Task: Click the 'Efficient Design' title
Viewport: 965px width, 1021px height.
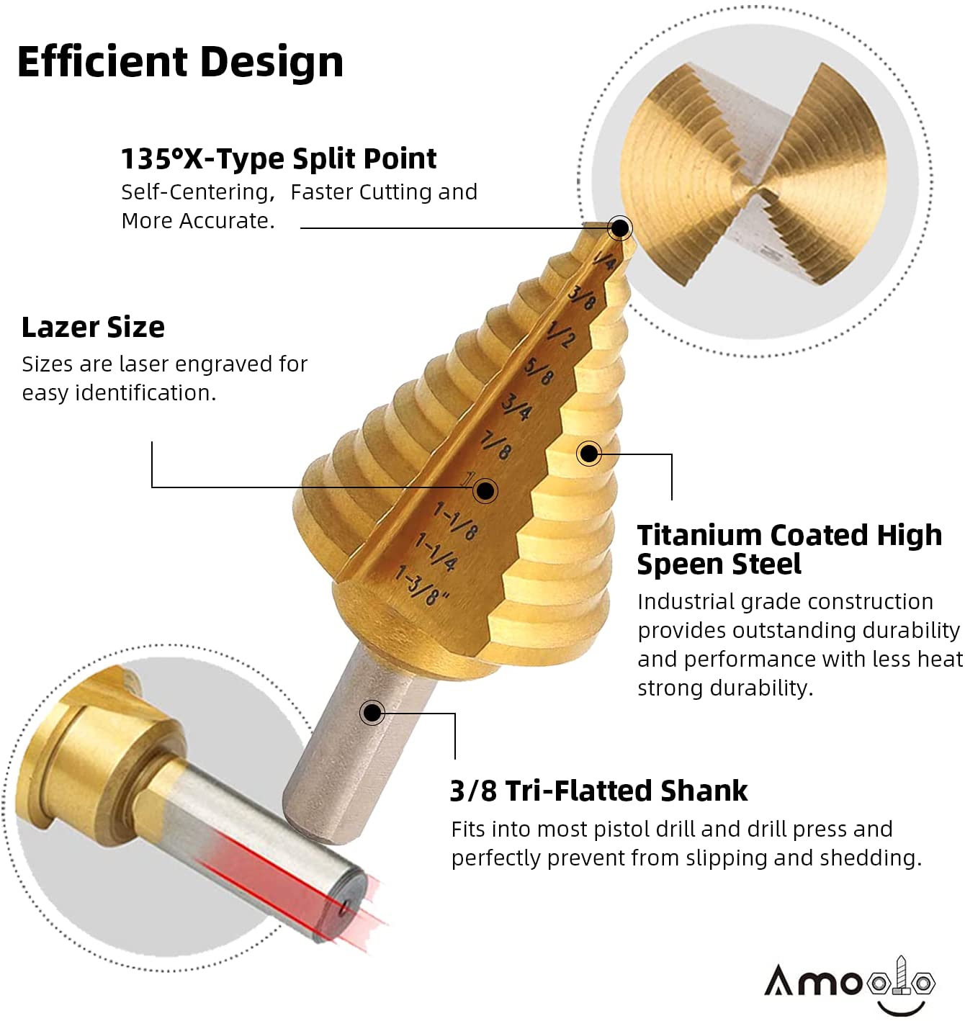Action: (180, 62)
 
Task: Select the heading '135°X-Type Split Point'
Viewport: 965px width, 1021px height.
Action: (278, 159)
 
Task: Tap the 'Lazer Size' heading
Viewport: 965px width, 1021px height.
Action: (93, 328)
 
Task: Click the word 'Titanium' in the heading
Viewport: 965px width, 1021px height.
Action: (700, 536)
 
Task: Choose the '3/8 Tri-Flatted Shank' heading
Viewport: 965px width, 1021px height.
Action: (598, 791)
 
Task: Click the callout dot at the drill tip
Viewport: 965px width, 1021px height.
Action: (619, 228)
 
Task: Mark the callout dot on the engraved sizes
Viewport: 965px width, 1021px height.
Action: (485, 490)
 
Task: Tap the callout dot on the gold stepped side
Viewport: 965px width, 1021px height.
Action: (589, 454)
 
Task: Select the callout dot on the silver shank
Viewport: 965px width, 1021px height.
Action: (372, 713)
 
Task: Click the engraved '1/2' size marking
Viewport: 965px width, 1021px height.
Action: (561, 335)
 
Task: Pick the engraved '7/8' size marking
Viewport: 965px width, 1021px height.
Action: (496, 444)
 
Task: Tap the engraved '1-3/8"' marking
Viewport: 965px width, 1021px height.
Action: (423, 585)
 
